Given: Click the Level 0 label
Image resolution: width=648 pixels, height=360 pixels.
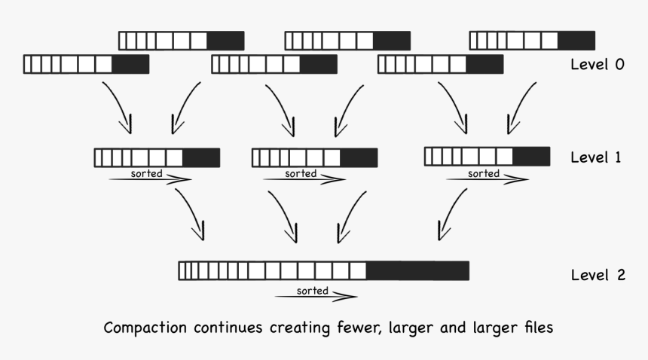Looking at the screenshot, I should point(598,65).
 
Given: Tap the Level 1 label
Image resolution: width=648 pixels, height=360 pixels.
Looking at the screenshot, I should point(595,157).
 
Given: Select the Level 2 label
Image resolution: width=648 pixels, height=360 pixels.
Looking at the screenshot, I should point(598,275).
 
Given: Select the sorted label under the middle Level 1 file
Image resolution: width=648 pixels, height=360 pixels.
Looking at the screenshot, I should point(301,173).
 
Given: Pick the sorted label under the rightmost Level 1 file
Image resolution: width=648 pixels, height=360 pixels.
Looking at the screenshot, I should point(483,173).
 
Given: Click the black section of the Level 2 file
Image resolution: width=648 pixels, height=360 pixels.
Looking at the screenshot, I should point(417,270).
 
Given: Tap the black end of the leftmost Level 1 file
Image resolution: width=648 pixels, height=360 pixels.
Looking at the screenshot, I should point(201,157).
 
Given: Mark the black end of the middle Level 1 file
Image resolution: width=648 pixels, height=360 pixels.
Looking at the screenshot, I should point(359,157).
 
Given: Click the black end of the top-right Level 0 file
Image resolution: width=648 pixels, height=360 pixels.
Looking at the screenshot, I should point(576,40).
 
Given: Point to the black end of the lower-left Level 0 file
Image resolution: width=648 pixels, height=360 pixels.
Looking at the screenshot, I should point(130,65).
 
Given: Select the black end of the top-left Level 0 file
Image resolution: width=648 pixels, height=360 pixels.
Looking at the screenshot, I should point(225,40).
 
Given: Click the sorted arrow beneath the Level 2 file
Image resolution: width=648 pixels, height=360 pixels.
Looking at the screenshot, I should point(316,297).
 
